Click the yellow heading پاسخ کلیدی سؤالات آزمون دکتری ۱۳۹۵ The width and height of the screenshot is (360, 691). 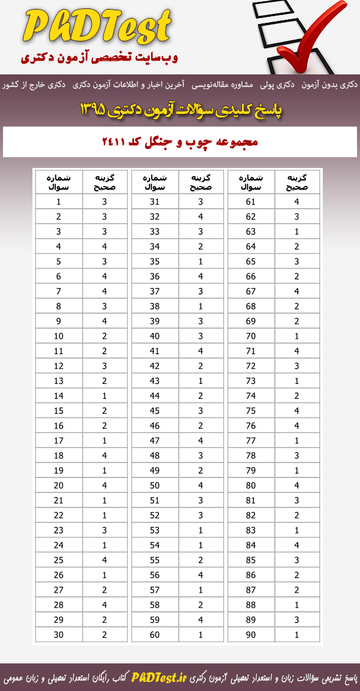[x=180, y=110]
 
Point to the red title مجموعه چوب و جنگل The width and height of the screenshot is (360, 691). [x=180, y=143]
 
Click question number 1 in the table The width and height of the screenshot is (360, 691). [x=59, y=202]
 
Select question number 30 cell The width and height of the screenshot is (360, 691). [x=59, y=635]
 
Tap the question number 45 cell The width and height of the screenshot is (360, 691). [x=155, y=411]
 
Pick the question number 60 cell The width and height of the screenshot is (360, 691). [x=155, y=635]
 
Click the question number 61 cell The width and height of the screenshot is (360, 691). [x=251, y=202]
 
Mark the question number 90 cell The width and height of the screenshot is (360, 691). [x=251, y=635]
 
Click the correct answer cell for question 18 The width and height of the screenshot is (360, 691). [x=104, y=456]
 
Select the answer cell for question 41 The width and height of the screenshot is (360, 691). [x=200, y=351]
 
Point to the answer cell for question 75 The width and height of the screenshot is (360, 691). [x=296, y=411]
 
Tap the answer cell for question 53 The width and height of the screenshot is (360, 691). [x=200, y=530]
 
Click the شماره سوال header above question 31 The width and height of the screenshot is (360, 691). [x=155, y=182]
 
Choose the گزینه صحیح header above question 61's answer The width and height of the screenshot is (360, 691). [x=296, y=182]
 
